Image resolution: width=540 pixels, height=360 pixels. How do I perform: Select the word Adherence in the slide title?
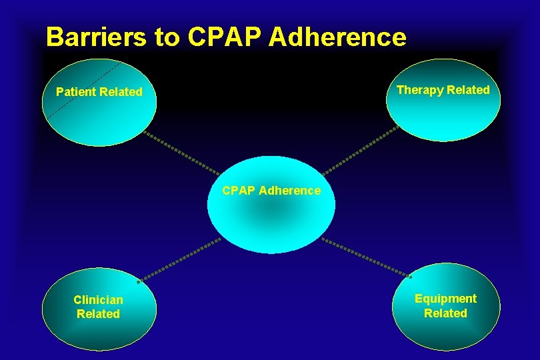(x=337, y=37)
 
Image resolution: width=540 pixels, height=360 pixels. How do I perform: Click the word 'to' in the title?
(x=167, y=38)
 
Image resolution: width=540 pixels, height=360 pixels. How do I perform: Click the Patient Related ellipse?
(x=99, y=117)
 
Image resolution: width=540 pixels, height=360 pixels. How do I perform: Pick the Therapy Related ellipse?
(x=443, y=113)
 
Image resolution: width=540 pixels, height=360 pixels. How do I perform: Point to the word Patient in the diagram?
(x=76, y=92)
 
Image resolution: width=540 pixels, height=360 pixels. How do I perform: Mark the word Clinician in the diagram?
(x=98, y=300)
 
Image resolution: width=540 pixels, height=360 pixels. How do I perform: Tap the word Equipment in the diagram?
(x=445, y=299)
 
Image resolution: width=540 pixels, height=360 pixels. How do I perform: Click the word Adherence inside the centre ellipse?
(x=289, y=191)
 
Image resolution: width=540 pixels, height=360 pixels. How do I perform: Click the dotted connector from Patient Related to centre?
(x=181, y=151)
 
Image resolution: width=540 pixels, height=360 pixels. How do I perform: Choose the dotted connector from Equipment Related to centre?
(x=367, y=257)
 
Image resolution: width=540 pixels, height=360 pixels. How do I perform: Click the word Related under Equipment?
(x=445, y=313)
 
